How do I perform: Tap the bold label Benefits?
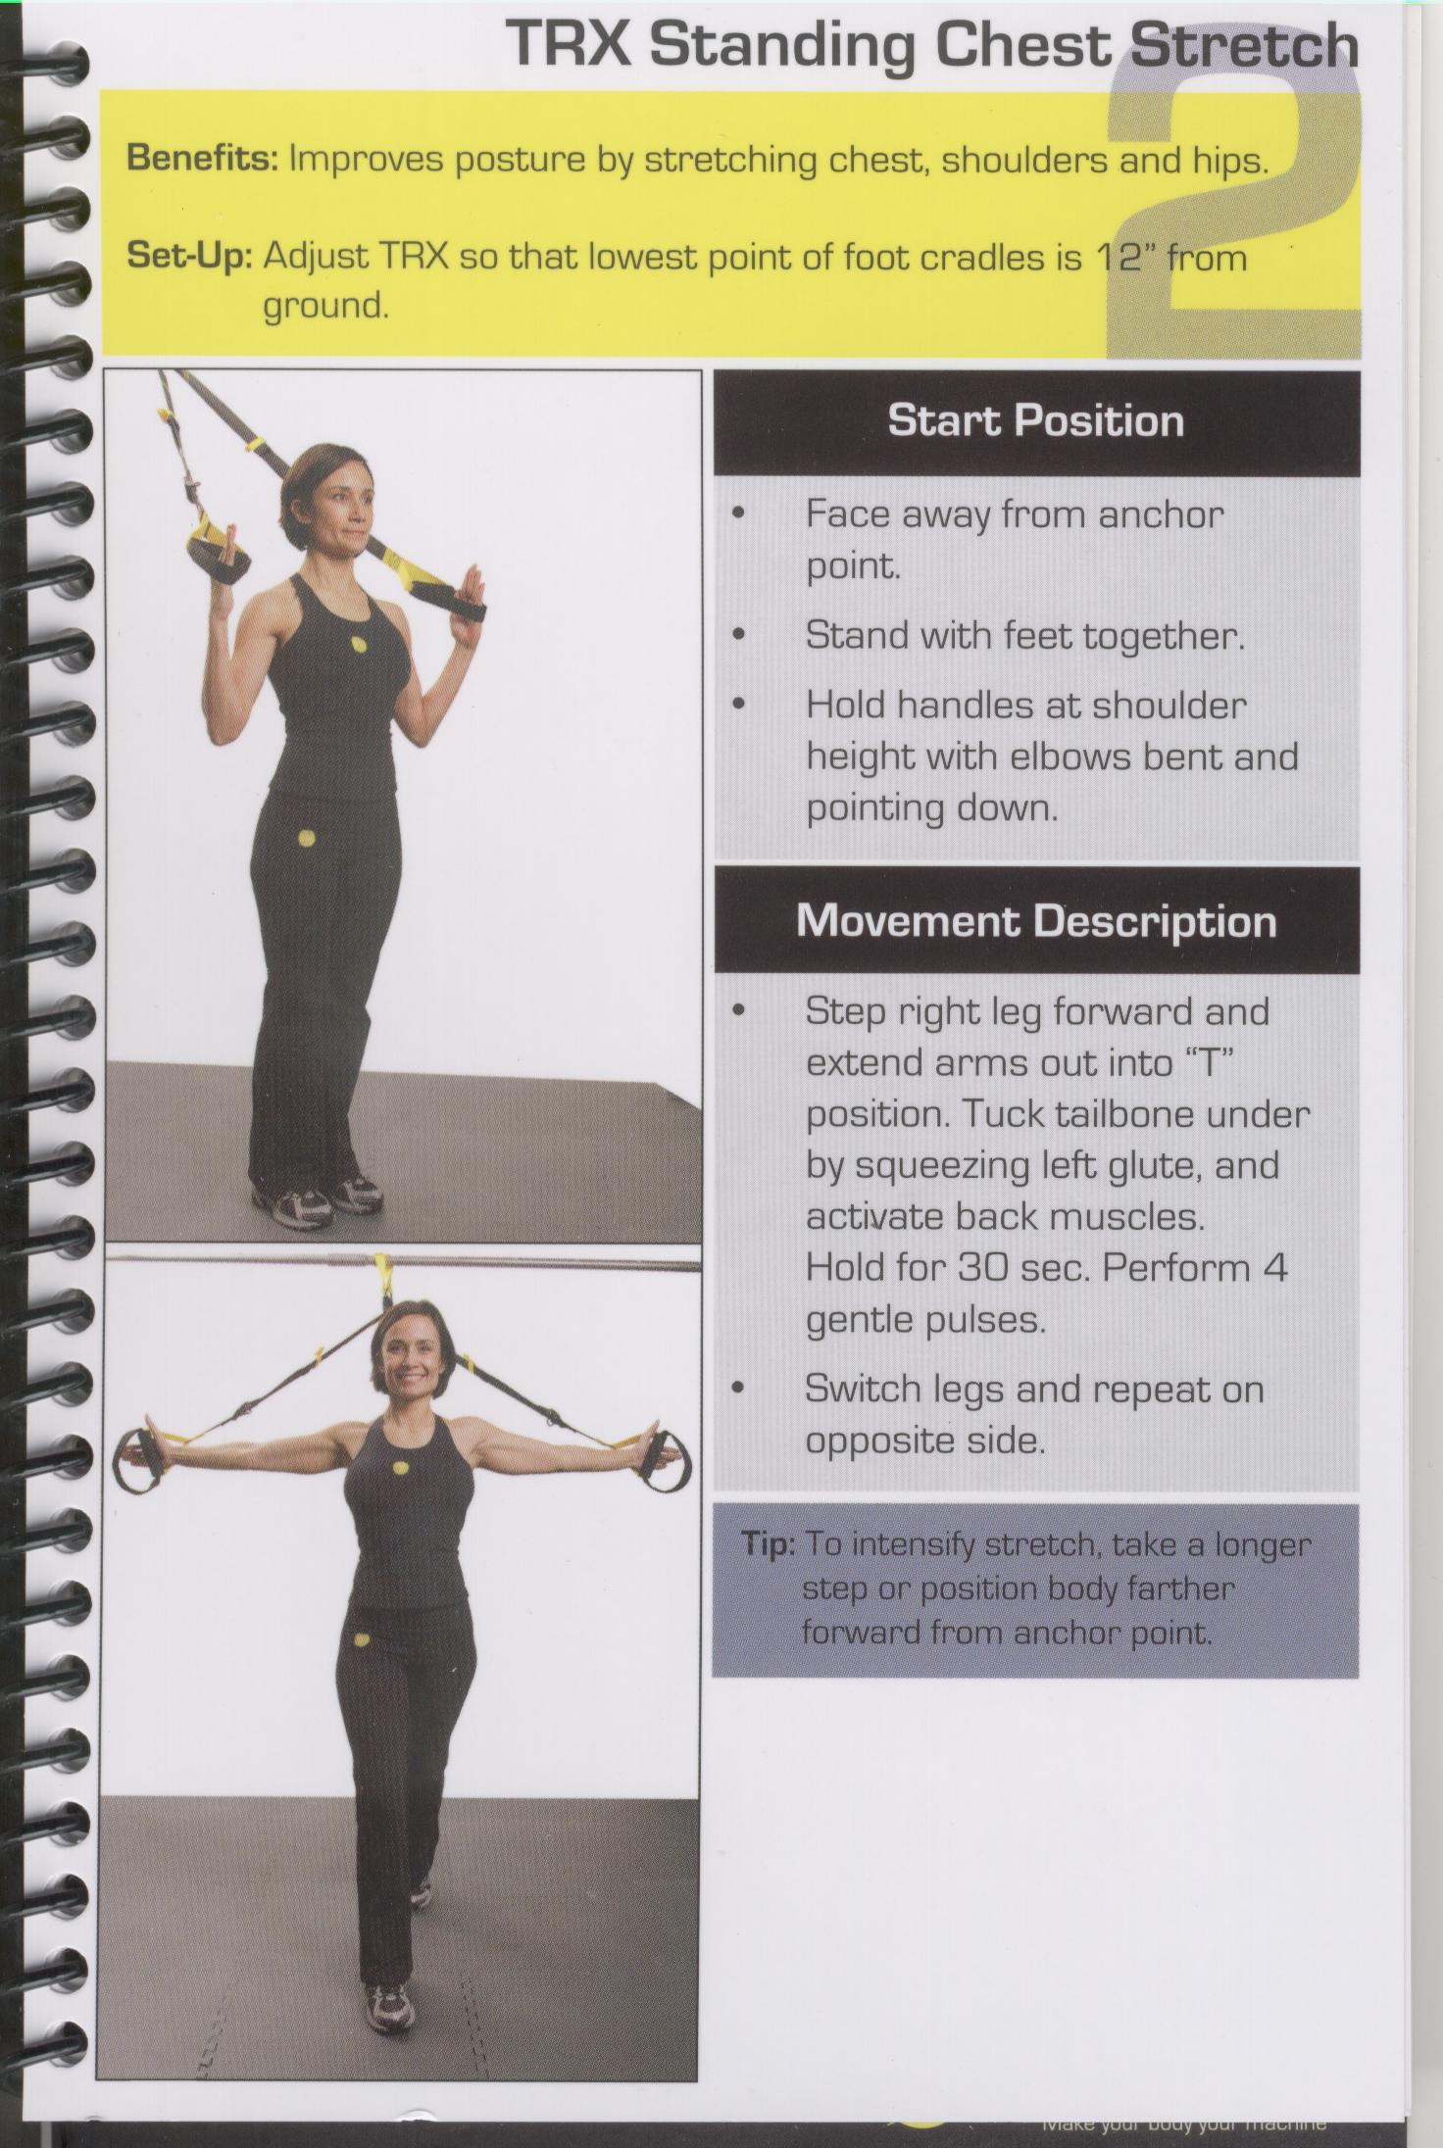(x=203, y=159)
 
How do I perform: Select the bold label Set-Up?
(x=190, y=258)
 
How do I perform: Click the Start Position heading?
(x=1035, y=421)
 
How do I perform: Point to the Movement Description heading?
(x=1036, y=921)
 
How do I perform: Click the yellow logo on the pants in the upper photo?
(x=307, y=839)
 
